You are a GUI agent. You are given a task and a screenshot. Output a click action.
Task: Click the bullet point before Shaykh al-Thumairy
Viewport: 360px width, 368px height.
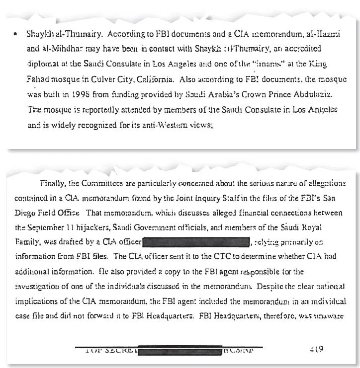click(x=17, y=36)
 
